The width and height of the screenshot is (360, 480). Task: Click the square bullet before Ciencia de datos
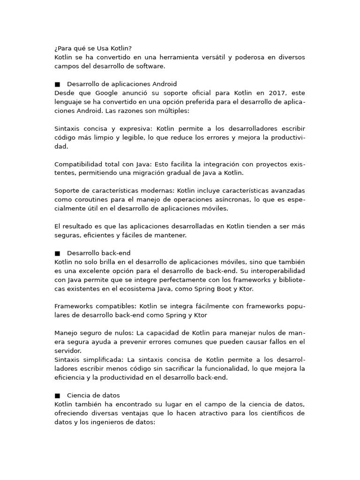point(57,396)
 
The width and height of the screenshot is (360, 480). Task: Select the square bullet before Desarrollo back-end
point(57,253)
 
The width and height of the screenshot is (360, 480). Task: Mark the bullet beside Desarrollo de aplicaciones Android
point(57,84)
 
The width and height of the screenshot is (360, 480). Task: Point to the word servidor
point(68,351)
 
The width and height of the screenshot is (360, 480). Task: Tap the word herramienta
point(158,57)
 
